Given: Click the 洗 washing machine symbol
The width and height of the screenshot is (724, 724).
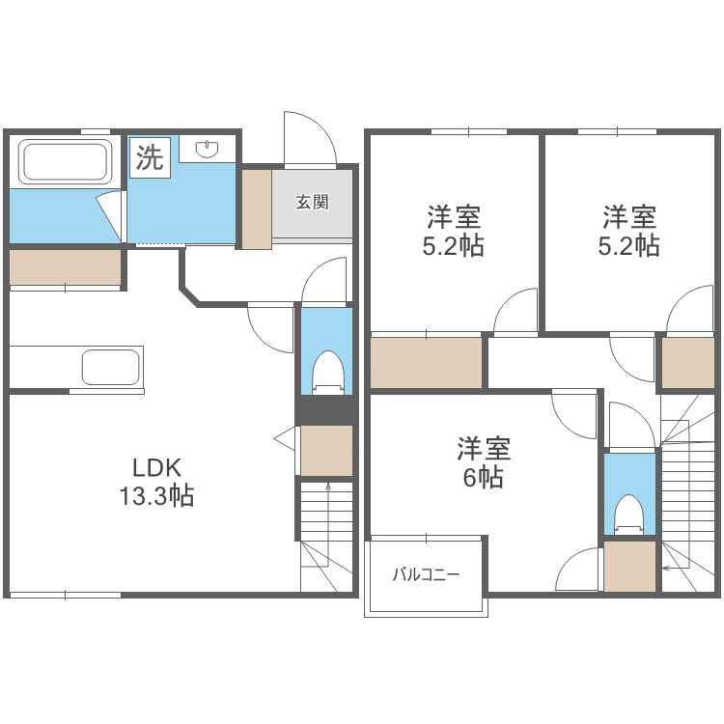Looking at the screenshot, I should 150,156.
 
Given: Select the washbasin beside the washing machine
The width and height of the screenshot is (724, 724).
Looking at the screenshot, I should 209,149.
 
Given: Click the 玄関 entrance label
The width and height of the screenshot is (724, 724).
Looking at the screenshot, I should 313,203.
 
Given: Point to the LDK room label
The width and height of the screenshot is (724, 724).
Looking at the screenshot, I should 157,468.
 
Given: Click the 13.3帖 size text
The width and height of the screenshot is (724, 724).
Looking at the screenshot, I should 157,497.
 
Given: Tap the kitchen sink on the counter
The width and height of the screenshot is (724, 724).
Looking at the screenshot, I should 111,367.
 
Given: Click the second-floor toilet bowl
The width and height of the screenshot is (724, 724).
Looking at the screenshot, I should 629,514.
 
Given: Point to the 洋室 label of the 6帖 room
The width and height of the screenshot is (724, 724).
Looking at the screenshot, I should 483,449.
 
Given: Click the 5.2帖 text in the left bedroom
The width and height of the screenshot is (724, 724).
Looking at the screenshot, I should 453,246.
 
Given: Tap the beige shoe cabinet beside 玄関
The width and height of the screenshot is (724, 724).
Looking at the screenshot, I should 257,209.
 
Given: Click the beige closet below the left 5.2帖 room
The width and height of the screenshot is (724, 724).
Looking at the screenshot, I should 427,362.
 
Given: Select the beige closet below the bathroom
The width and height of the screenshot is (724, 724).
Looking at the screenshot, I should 66,266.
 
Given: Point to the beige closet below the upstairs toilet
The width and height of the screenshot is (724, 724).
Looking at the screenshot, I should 628,568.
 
